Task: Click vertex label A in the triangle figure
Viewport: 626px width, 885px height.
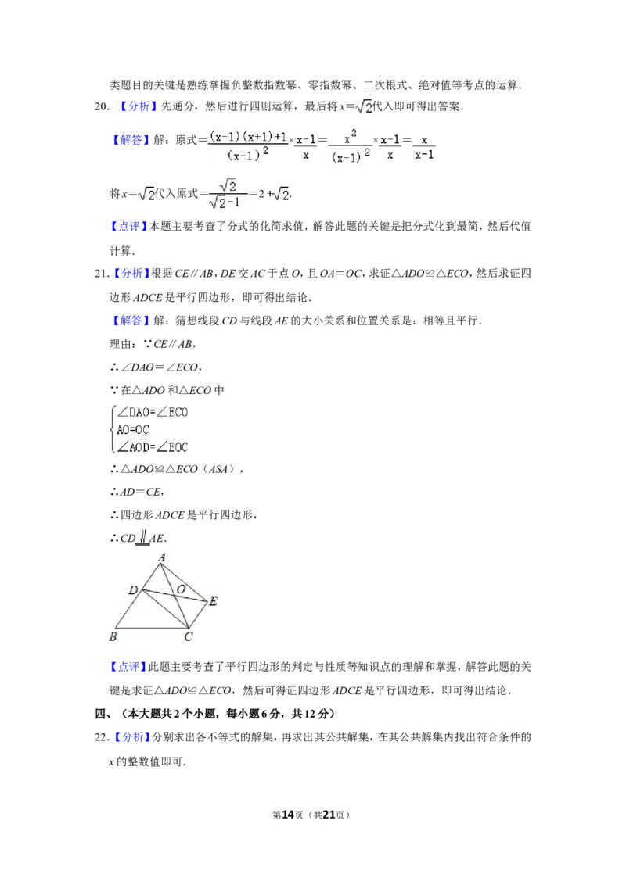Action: coord(162,557)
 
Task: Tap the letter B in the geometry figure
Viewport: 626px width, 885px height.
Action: coord(113,636)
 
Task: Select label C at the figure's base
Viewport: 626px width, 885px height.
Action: coord(188,636)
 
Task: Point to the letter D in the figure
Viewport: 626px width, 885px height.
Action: coord(133,589)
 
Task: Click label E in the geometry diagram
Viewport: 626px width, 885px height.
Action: coord(213,601)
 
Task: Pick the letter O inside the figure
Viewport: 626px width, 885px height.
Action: coord(180,588)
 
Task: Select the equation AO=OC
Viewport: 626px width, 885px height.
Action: coord(133,429)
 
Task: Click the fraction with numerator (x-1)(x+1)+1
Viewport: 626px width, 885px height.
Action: coord(249,146)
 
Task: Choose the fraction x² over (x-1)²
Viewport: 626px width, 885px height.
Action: coord(351,146)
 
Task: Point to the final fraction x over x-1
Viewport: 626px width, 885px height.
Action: coord(424,147)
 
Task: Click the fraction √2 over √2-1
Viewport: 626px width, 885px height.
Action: coord(228,194)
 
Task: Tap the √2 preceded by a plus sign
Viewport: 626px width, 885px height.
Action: coord(279,195)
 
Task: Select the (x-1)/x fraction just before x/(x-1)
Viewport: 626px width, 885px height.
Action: coord(390,147)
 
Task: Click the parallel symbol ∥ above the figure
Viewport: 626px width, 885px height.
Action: coord(144,535)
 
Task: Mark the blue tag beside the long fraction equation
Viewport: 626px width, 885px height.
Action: coord(131,141)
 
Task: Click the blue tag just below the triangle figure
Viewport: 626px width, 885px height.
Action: coord(128,667)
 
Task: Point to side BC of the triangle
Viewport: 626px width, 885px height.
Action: coord(153,628)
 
